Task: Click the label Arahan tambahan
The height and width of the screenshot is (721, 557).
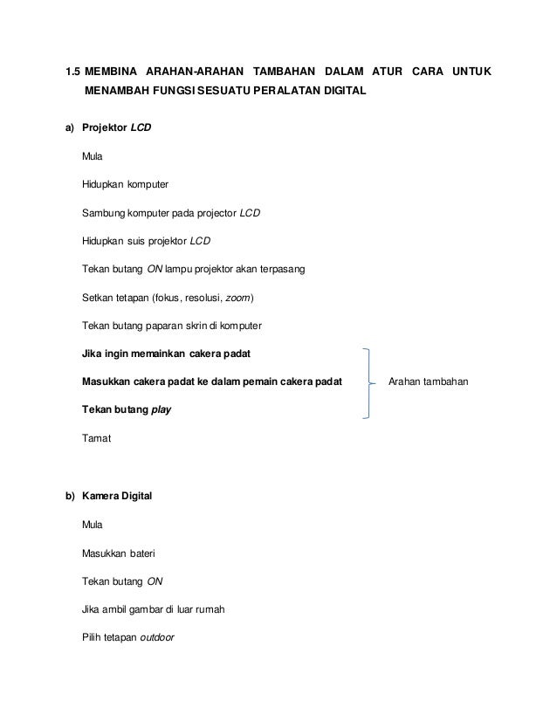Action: tap(429, 381)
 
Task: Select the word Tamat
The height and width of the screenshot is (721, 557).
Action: tap(96, 437)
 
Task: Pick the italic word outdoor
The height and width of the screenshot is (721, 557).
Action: tap(157, 636)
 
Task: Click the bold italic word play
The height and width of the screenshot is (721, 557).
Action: tap(161, 409)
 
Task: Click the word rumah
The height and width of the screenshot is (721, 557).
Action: tap(210, 608)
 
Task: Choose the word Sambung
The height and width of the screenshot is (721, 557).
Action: tap(102, 213)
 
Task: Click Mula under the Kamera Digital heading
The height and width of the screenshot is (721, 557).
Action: tap(92, 525)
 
